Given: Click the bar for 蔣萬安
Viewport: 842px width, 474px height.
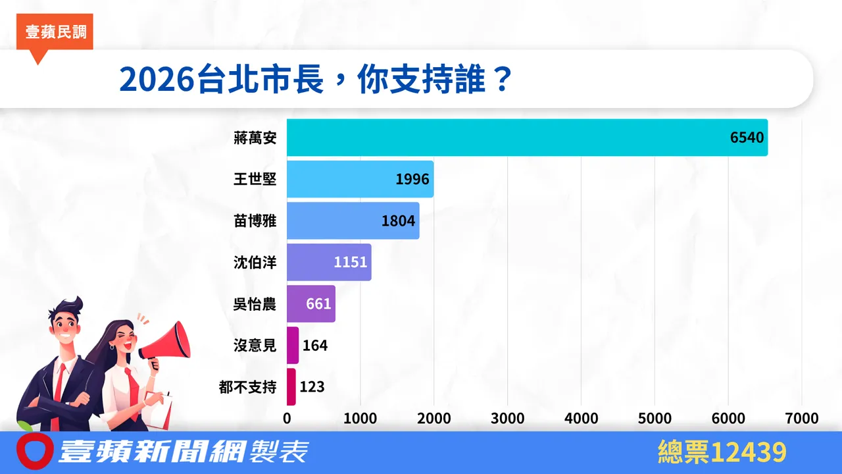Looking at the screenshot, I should (526, 138).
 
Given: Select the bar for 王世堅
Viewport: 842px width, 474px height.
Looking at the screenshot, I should (360, 179).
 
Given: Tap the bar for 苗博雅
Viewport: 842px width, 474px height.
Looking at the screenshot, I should (353, 221).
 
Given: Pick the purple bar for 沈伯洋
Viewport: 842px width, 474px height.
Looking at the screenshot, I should (329, 262).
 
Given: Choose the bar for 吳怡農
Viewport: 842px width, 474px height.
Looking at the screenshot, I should (310, 303).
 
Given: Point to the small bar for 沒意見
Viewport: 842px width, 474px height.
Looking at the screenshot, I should (293, 345).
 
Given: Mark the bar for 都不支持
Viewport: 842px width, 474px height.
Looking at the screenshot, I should (291, 386).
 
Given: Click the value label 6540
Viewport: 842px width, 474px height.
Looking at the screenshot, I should (747, 138).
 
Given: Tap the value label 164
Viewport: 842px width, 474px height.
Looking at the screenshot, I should (314, 345).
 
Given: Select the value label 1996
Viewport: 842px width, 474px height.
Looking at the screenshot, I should (412, 179).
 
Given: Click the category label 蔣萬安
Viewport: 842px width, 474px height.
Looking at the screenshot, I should (255, 138).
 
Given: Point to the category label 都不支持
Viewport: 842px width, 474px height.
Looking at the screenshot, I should (247, 386).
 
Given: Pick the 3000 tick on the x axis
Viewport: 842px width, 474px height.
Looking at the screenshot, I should (507, 419).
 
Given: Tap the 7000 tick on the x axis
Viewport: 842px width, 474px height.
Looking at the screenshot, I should (801, 419).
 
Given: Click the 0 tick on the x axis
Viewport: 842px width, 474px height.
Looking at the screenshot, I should (287, 419).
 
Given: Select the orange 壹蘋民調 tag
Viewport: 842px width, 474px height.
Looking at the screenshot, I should (56, 32).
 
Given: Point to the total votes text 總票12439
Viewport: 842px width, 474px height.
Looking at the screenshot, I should (722, 452).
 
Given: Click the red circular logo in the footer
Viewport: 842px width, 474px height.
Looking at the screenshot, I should (34, 452).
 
